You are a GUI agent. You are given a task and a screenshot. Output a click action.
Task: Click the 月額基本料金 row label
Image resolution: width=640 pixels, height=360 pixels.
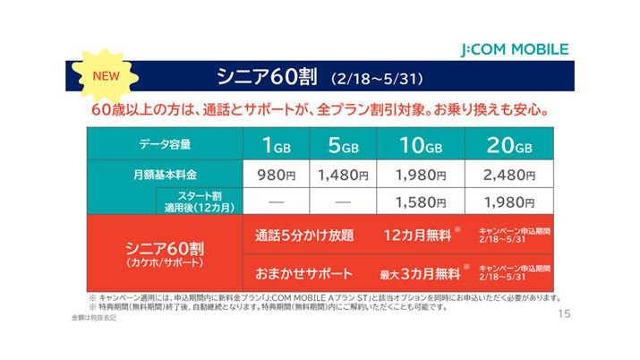(x=165, y=174)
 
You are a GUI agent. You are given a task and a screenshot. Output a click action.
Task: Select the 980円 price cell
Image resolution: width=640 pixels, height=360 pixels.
(x=274, y=174)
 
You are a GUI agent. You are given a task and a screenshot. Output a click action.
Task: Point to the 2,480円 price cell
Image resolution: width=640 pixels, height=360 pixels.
(x=506, y=174)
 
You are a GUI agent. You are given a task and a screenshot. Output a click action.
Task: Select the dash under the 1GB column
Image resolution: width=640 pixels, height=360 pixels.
(x=274, y=201)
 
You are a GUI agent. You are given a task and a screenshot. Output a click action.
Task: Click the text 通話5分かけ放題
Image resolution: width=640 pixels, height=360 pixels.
(x=304, y=236)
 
